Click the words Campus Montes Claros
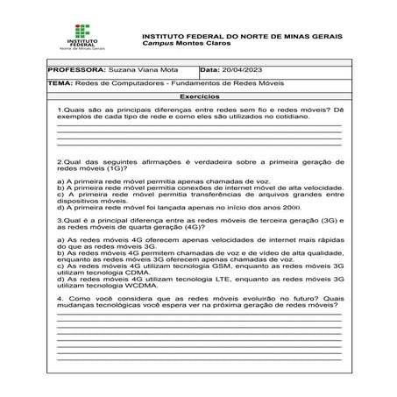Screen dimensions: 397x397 (x=176, y=44)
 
